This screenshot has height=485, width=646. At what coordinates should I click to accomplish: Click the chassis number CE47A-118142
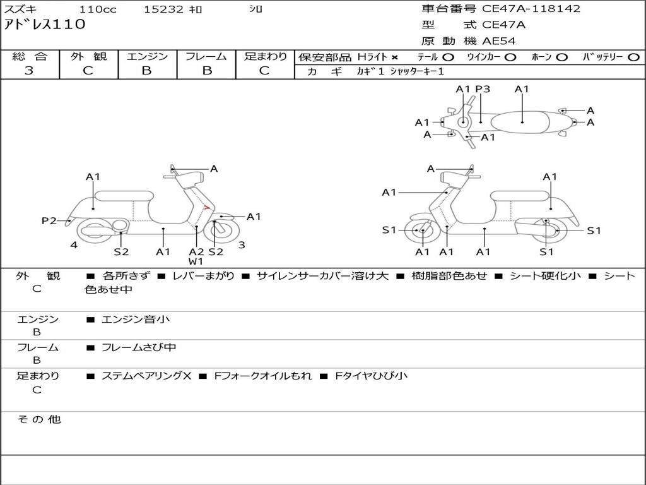(531, 9)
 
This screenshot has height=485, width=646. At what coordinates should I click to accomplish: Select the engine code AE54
(499, 41)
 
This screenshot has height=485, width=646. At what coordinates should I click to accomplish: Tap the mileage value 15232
(163, 9)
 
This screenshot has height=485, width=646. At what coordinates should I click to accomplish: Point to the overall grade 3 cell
(30, 71)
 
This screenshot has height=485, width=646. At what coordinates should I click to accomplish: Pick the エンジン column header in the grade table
(147, 57)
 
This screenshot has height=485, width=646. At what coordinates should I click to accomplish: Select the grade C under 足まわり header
(264, 71)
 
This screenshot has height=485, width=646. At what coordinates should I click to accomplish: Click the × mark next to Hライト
(394, 57)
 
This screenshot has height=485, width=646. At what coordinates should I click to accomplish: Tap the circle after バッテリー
(633, 57)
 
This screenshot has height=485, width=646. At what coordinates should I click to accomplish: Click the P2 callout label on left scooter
(49, 220)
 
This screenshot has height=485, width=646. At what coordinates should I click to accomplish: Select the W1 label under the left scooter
(196, 261)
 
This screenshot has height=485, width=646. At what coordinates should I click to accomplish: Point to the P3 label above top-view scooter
(483, 89)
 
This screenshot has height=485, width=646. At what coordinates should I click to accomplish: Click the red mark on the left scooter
(207, 207)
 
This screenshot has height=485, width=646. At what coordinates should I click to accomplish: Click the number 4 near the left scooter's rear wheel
(74, 245)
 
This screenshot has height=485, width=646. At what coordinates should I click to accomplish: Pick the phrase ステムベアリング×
(146, 376)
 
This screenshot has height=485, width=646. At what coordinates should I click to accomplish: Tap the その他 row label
(38, 419)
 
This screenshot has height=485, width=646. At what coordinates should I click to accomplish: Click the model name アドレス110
(45, 25)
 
